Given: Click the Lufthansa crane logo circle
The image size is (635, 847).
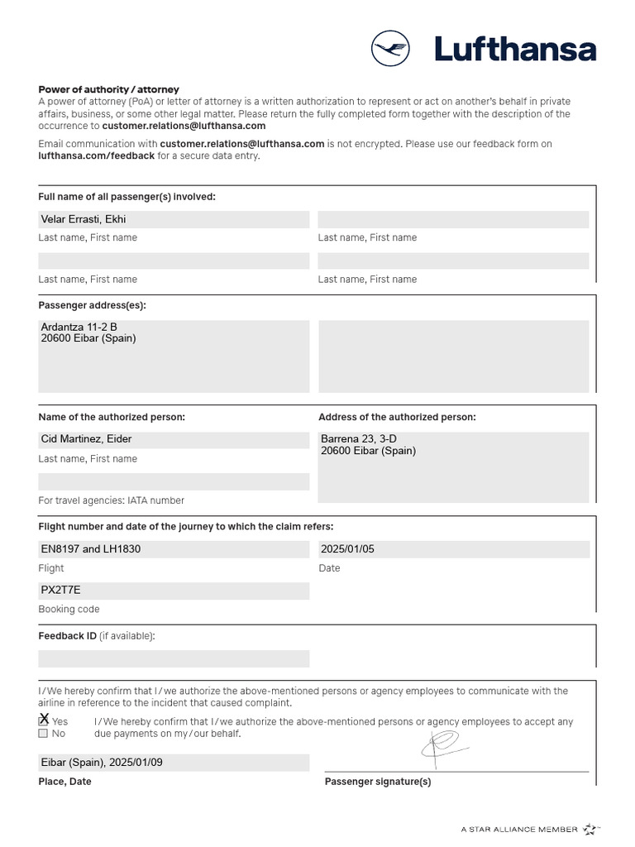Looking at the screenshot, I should click(x=391, y=49).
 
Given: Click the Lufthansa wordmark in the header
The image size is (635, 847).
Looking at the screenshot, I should click(x=515, y=50).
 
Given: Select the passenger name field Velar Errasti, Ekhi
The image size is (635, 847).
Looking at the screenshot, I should click(x=174, y=219).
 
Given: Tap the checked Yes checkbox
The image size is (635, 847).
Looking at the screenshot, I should click(x=43, y=721).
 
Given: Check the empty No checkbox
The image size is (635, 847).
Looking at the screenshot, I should click(x=43, y=734).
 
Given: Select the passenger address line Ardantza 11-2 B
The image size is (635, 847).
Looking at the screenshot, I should click(x=79, y=327).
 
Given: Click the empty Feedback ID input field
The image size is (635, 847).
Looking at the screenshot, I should click(x=174, y=658).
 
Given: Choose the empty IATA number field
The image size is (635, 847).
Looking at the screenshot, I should click(x=174, y=481).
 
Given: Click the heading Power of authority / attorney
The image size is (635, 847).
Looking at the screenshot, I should click(x=108, y=89).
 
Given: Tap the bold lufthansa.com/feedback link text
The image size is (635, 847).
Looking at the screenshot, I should click(x=96, y=156).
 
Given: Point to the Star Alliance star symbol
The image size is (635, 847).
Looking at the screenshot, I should click(x=590, y=828).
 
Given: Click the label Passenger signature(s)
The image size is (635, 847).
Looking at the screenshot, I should click(x=378, y=782).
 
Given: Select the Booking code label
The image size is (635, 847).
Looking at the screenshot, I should click(x=69, y=610).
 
